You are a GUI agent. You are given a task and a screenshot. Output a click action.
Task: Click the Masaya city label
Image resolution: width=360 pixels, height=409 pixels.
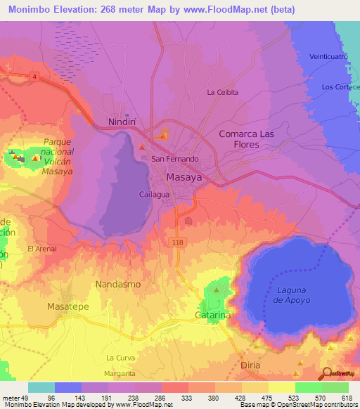(184, 178)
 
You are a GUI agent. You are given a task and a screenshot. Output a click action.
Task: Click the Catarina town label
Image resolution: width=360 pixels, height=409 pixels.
(212, 316)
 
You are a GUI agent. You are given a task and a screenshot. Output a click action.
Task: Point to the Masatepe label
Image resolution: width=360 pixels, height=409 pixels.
(67, 307)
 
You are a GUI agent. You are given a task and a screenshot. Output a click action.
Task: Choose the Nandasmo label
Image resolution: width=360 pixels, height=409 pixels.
(117, 285)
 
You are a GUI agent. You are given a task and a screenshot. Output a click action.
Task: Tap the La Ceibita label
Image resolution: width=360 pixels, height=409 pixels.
(223, 92)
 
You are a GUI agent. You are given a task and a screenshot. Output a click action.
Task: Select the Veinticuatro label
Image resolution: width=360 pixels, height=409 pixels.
(328, 56)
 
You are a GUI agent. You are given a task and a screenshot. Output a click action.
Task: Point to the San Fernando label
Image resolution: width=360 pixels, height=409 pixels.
(176, 160)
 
